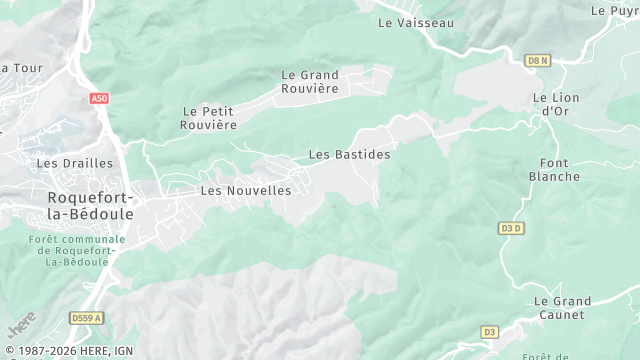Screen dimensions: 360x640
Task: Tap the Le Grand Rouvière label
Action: click(x=310, y=82)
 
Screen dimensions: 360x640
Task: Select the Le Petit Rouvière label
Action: click(x=209, y=118)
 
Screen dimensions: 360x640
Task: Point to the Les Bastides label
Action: click(x=349, y=155)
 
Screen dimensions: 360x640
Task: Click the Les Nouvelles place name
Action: click(x=246, y=190)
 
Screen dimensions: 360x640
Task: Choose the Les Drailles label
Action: click(x=63, y=163)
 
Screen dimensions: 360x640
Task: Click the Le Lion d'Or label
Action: click(x=554, y=104)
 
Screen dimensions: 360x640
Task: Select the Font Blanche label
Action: click(x=554, y=170)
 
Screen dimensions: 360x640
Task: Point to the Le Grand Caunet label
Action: click(x=561, y=308)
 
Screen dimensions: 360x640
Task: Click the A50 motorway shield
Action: click(x=98, y=99)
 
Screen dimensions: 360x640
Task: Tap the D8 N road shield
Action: click(x=538, y=61)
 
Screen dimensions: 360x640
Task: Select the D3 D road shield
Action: click(x=511, y=228)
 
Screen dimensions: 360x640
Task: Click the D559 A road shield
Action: click(x=87, y=318)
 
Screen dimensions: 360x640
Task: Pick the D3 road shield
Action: click(x=489, y=332)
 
